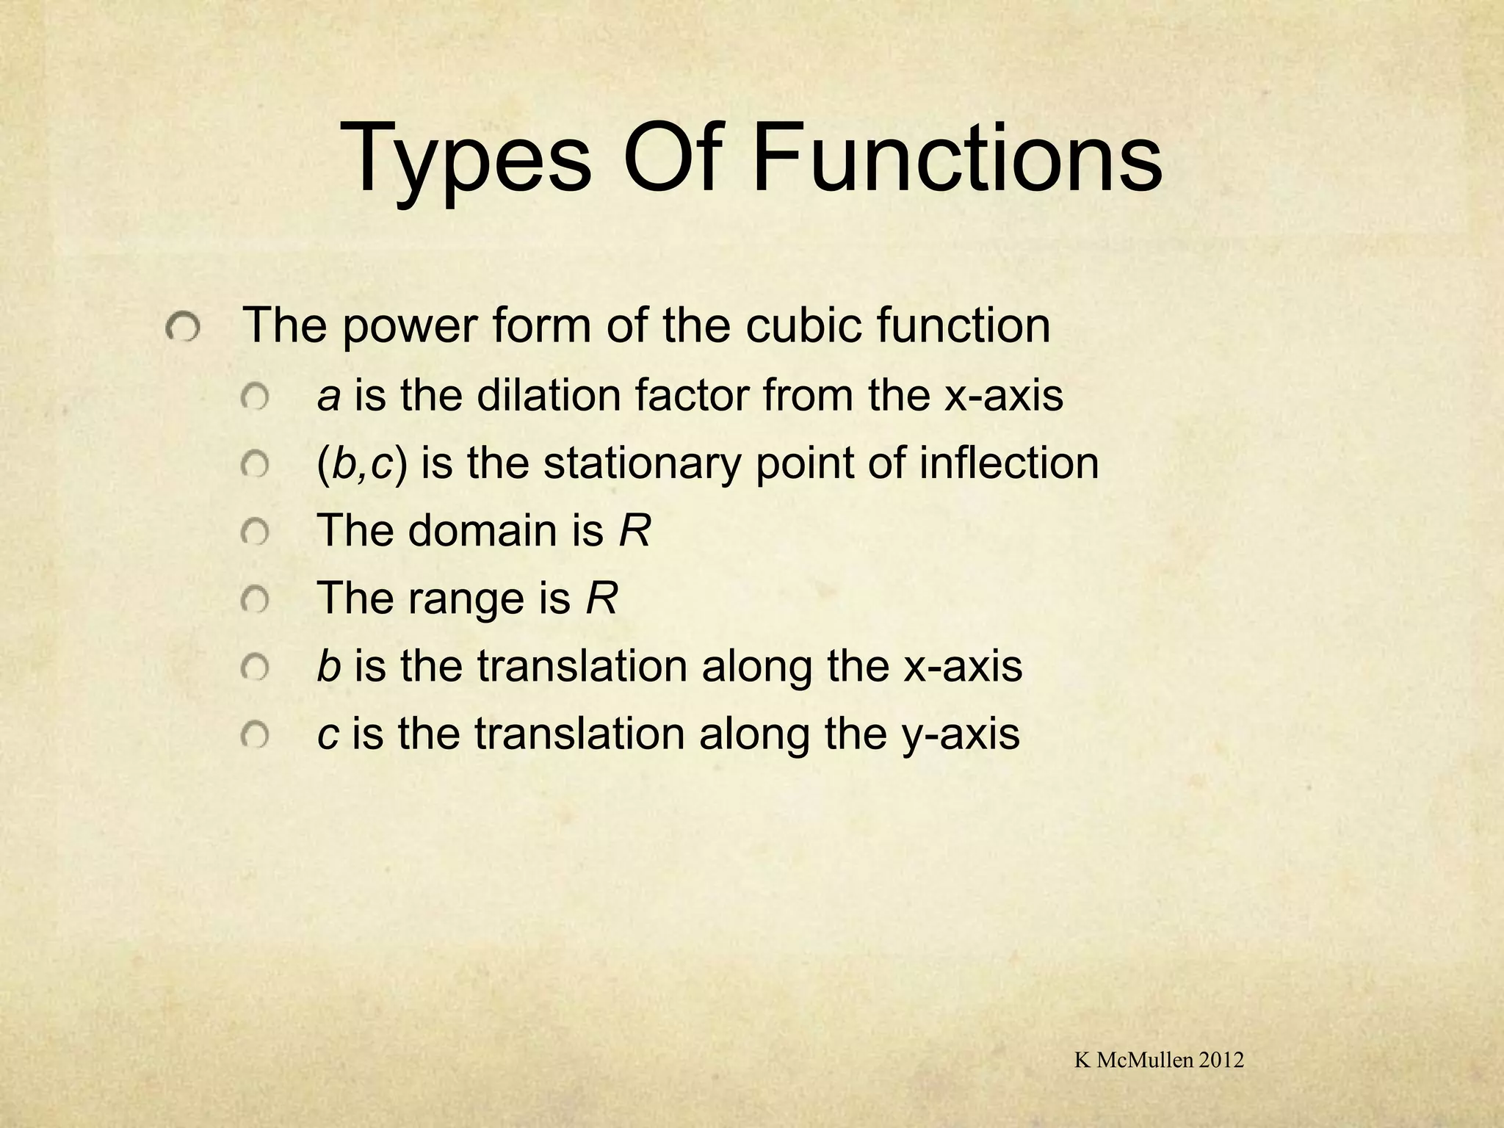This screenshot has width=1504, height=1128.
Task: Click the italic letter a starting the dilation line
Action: pos(328,397)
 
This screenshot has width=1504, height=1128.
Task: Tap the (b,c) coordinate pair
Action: pos(361,464)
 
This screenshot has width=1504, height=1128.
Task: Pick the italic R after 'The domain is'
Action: pos(634,530)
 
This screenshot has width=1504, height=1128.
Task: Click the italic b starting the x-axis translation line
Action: pos(328,666)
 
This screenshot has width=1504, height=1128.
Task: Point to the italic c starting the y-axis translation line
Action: pos(328,734)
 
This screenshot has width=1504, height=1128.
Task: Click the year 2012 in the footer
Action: pos(1220,1060)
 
